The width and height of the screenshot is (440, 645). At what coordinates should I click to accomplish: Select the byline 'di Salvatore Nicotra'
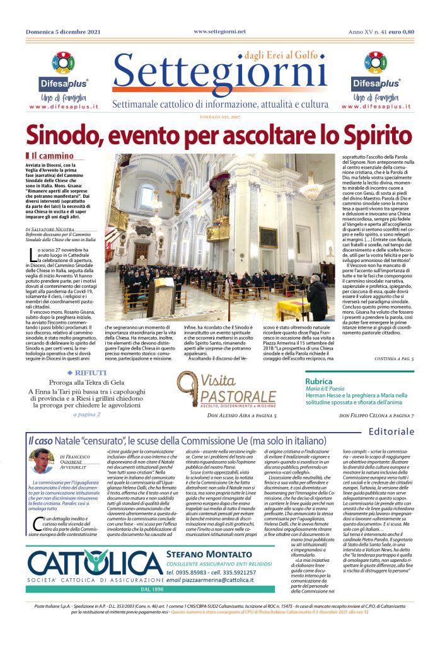click(55, 230)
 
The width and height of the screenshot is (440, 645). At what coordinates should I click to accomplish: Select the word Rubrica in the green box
click(318, 382)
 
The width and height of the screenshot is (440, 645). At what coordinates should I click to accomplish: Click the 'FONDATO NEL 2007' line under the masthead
click(220, 117)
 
